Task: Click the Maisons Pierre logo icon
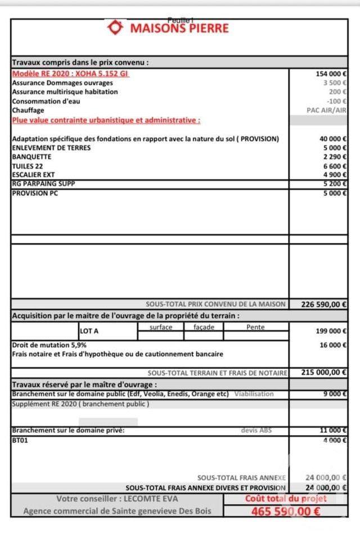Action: [116, 28]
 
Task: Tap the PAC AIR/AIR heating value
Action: [326, 110]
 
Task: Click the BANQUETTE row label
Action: [31, 157]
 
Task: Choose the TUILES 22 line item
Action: [26, 166]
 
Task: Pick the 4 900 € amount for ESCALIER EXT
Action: [334, 175]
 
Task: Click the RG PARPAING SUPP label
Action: [43, 184]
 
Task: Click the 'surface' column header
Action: [161, 327]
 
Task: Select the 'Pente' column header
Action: [255, 327]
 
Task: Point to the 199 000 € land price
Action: [331, 331]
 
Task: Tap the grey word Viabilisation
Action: [254, 394]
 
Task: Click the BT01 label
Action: [20, 441]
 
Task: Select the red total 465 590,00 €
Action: [286, 512]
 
